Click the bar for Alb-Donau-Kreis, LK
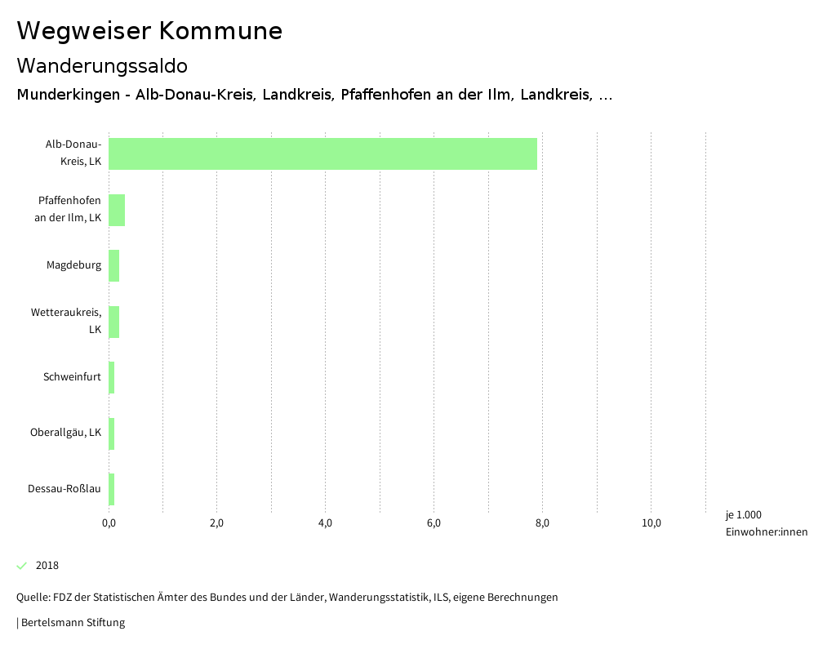pos(322,153)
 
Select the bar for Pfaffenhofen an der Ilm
pos(117,210)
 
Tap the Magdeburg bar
pos(113,265)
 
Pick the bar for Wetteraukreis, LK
pos(113,322)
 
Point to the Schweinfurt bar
pos(112,377)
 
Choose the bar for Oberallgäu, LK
pos(112,433)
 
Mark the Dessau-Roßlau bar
pos(112,489)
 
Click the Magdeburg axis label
pos(74,265)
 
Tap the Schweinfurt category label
pos(73,377)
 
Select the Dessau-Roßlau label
pos(64,489)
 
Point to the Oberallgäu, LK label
pos(66,433)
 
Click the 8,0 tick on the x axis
pos(542,523)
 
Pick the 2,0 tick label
pos(217,523)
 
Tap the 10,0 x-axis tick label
pos(651,523)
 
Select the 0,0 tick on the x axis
pos(109,523)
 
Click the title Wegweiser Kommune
pos(149,31)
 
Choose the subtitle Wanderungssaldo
pos(102,65)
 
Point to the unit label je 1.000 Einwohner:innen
pos(766,523)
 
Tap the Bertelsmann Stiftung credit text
pos(71,623)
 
